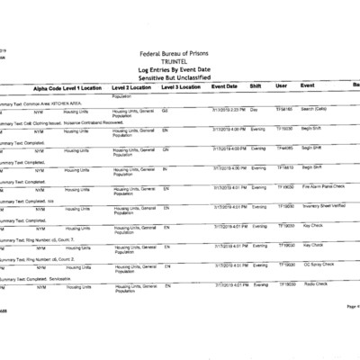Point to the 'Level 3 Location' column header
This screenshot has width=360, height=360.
click(184, 86)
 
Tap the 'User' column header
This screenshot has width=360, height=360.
click(281, 86)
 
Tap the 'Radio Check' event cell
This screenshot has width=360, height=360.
click(314, 284)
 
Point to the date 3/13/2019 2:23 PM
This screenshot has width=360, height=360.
click(229, 109)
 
